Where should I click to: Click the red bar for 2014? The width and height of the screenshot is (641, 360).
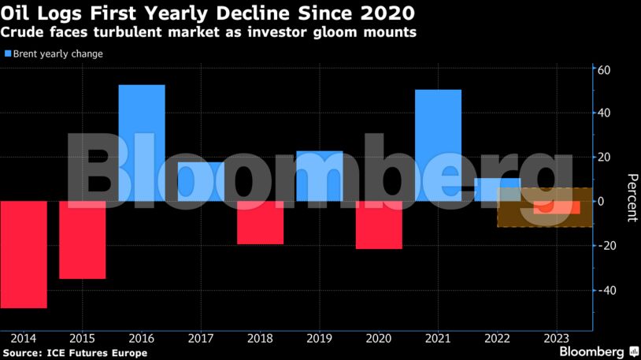click(x=24, y=254)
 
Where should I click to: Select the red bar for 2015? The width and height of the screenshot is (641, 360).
click(x=83, y=239)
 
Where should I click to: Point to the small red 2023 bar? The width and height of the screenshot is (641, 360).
click(x=557, y=207)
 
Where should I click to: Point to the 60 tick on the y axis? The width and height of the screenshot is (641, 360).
click(x=605, y=69)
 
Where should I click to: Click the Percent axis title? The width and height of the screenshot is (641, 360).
click(x=631, y=197)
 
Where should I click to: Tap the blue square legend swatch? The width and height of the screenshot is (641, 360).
click(x=8, y=54)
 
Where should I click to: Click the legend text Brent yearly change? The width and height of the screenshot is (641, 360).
click(x=57, y=54)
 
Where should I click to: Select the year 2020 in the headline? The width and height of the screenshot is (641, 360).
click(x=385, y=13)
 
